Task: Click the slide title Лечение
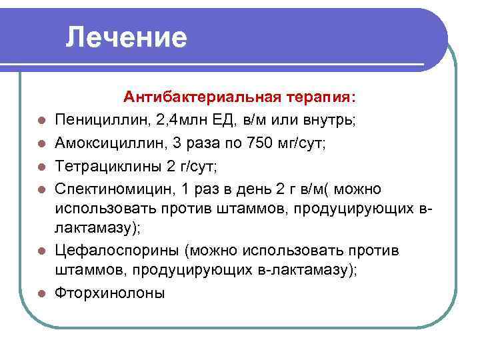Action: [x=127, y=37]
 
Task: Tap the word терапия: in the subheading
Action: [x=319, y=97]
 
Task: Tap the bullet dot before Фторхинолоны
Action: [x=41, y=295]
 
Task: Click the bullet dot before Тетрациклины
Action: [x=41, y=165]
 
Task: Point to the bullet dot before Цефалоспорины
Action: [x=41, y=252]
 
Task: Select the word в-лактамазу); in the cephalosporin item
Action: [x=303, y=272]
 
